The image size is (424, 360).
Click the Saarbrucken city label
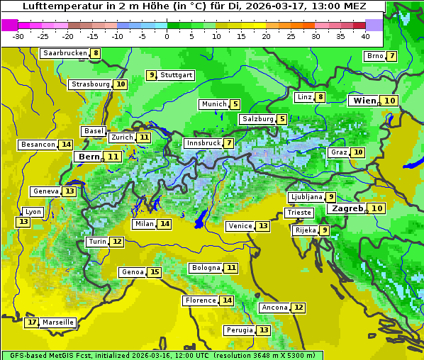coord(65,53)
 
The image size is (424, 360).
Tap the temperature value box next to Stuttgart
coord(151,75)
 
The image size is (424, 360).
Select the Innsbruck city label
coord(203,143)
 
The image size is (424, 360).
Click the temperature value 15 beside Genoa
coord(155,272)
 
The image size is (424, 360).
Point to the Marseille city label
coord(57,322)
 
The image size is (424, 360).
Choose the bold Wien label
coord(364,101)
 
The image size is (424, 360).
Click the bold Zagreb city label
coord(347,208)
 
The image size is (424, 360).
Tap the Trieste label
coord(299,213)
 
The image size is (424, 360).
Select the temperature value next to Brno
coord(391,57)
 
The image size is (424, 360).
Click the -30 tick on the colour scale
coord(19,36)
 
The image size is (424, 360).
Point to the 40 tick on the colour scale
coord(365,36)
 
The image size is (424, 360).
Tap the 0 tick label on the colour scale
coord(167,36)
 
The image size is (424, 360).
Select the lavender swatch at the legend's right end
coord(374,25)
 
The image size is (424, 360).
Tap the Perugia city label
coord(239,330)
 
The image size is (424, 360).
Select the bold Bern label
coord(89,157)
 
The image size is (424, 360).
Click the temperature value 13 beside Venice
coord(263,226)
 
